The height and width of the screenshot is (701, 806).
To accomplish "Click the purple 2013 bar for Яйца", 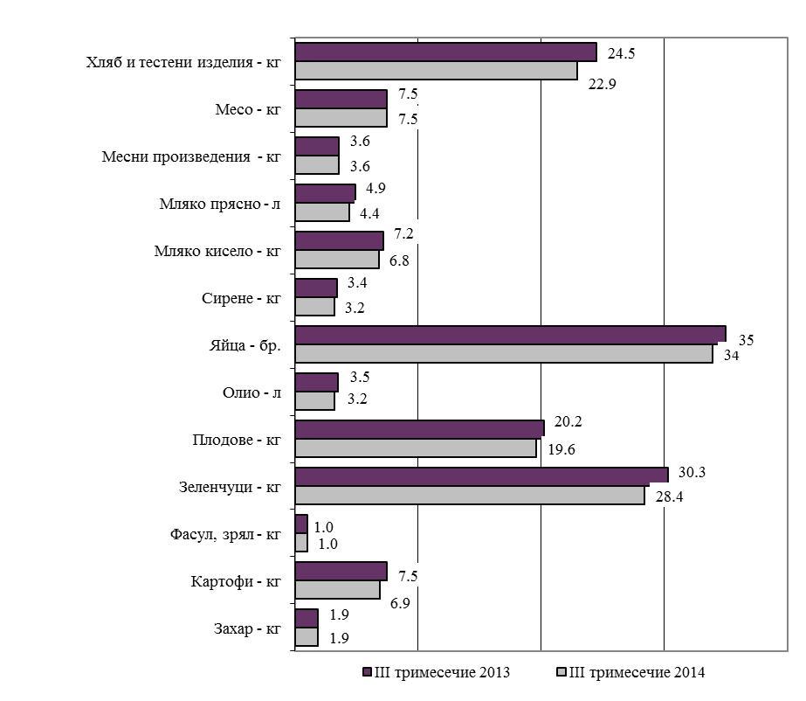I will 510,334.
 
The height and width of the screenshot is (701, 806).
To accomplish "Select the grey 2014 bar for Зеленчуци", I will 470,495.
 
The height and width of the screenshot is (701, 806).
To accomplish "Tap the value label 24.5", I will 621,53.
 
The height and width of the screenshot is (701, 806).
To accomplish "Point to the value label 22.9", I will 603,85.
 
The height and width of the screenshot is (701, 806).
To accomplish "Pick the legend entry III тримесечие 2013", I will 436,672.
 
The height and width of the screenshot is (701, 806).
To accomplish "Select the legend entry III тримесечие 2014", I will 630,672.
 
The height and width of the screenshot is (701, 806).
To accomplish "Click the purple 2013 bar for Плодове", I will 419,428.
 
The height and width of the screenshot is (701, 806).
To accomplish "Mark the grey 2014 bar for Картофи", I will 337,590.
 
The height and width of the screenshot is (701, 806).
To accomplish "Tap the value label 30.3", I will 692,472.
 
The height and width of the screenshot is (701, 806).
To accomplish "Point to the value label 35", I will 747,339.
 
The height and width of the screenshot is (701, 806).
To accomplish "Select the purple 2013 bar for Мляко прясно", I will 325,192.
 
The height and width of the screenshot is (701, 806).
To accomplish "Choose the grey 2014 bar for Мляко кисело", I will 337,260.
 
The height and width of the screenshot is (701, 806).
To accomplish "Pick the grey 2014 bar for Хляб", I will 436,71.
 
